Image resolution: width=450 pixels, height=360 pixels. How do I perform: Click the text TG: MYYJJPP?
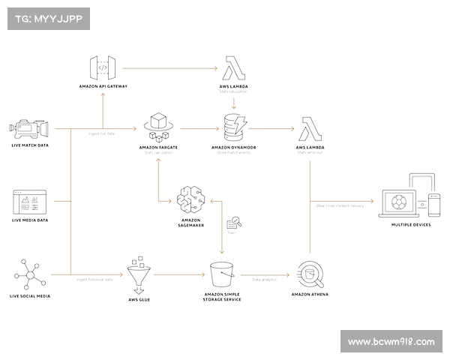47,19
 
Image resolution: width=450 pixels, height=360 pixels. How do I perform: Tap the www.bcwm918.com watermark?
391,342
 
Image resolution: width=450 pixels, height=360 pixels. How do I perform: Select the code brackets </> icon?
103,68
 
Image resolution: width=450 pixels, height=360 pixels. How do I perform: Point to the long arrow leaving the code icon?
169,69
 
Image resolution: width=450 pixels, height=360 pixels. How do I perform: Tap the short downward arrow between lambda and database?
234,102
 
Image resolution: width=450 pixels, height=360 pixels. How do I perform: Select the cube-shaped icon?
157,128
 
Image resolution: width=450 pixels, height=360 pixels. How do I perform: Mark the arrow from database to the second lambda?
270,128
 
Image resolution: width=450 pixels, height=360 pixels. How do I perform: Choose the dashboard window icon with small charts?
30,201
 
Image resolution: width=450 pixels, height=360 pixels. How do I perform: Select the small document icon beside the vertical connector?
233,224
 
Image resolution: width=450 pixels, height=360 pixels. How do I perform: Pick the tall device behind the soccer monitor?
422,194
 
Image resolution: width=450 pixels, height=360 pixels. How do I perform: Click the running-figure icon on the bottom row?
28,274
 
